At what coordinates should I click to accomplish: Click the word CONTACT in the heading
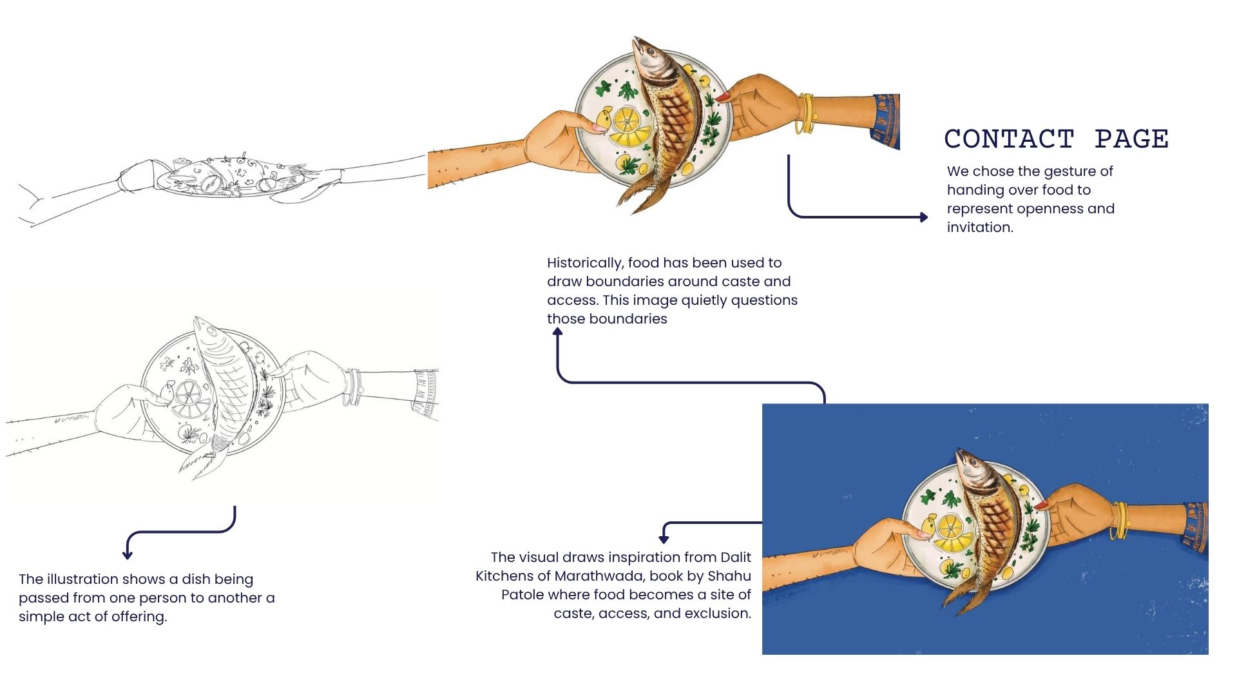tap(1009, 139)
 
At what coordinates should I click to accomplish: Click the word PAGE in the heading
tap(1131, 139)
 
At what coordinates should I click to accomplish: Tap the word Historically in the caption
tap(585, 263)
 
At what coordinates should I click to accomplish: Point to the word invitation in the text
tap(979, 227)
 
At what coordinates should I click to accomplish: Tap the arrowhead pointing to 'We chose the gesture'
tap(924, 217)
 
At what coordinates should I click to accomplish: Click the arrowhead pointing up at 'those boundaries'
tap(558, 332)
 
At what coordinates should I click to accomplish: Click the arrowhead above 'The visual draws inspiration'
tap(664, 539)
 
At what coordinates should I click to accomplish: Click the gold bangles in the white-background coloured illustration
tap(806, 114)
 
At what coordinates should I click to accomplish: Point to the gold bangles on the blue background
tap(1120, 521)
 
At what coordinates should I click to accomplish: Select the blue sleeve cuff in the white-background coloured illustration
tap(886, 121)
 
